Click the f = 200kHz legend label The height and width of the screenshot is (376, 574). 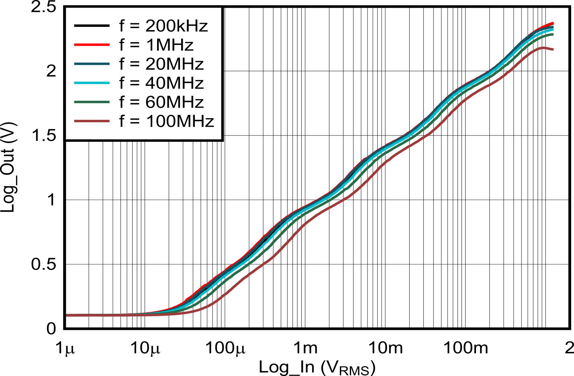click(x=163, y=26)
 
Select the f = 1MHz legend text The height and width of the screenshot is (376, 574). click(x=156, y=45)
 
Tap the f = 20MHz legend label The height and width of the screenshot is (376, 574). click(x=161, y=64)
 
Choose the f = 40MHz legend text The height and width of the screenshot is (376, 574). click(x=161, y=83)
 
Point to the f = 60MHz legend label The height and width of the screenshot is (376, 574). click(x=161, y=102)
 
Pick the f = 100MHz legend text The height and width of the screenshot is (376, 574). click(x=167, y=121)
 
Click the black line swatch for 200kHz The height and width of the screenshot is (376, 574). click(x=92, y=26)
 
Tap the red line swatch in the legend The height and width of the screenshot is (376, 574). click(x=92, y=45)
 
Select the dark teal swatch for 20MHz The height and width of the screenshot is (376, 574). click(x=92, y=64)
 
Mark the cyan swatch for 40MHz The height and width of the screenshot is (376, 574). click(x=92, y=83)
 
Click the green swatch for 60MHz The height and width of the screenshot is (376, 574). click(x=92, y=102)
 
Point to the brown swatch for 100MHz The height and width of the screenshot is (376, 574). click(x=92, y=121)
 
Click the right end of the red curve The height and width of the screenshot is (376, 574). click(x=553, y=23)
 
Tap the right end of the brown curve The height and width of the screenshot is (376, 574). click(x=553, y=49)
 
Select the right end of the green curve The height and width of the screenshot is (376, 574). click(x=553, y=34)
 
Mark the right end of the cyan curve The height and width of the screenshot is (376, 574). click(x=553, y=29)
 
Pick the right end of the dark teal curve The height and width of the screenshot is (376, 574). click(x=553, y=27)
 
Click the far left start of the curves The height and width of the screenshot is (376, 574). click(x=67, y=315)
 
